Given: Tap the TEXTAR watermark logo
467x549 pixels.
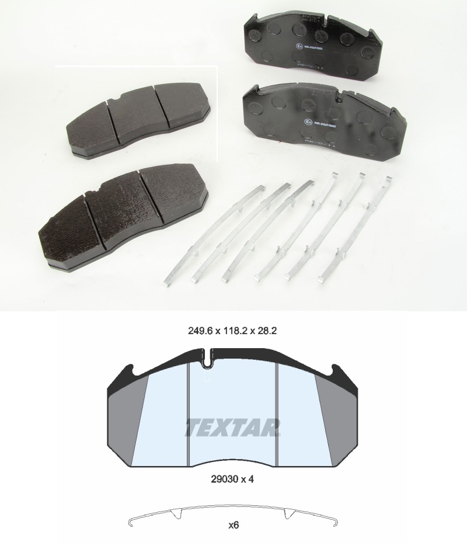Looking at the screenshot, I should [233, 428].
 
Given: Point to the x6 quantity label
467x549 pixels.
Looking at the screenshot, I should [233, 524].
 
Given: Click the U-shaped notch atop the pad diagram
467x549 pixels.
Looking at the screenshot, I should [208, 360].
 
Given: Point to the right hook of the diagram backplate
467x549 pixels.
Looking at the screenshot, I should [338, 369].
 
